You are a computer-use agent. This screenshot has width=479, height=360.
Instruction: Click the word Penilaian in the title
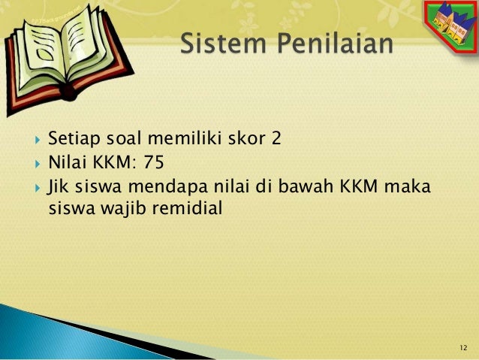(330, 45)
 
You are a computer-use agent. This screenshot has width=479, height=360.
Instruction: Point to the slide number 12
(462, 346)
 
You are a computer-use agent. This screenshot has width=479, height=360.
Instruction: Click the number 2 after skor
(276, 139)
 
